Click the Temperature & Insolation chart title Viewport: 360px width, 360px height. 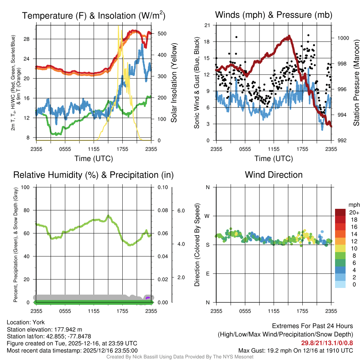[x=94, y=16]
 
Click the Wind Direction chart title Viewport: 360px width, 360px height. [x=274, y=175]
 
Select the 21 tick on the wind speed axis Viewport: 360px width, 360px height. [x=207, y=25]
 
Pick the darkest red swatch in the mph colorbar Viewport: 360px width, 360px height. [x=340, y=212]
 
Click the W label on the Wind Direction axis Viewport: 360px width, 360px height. [x=207, y=216]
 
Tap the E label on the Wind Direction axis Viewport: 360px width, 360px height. [x=207, y=274]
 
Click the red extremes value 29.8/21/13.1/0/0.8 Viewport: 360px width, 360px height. [x=327, y=343]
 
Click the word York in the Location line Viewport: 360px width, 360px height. [x=38, y=322]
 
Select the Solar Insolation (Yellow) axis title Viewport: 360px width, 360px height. [x=174, y=83]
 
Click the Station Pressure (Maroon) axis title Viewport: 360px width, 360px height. [x=356, y=83]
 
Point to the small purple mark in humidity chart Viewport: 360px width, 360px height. [x=148, y=298]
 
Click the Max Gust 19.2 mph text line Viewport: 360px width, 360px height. [x=295, y=350]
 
